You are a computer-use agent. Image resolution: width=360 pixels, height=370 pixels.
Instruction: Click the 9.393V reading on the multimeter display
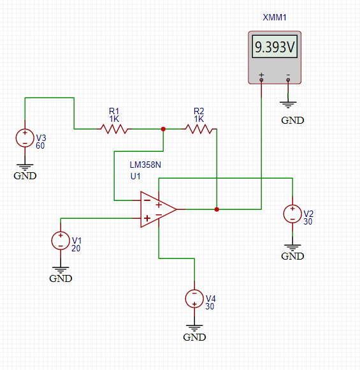[x=275, y=47]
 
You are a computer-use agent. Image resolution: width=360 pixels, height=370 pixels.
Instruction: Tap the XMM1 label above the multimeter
[x=275, y=17]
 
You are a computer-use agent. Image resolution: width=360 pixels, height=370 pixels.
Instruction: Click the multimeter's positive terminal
[x=261, y=80]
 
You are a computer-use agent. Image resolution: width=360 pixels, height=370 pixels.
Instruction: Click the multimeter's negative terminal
[x=288, y=80]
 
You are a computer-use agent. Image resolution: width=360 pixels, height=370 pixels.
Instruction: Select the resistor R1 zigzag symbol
[x=114, y=129]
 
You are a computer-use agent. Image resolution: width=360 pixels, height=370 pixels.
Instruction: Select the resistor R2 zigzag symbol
[x=199, y=129]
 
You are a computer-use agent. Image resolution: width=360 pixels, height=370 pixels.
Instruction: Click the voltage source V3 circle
[x=25, y=138]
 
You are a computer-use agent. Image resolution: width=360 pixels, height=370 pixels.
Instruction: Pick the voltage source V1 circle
[x=61, y=241]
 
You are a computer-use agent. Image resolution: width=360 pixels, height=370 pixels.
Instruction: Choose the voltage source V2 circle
[x=292, y=214]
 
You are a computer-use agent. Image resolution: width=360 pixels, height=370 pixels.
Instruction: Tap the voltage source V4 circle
[x=194, y=299]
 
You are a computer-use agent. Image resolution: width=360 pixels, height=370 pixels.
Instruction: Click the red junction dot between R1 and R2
[x=163, y=129]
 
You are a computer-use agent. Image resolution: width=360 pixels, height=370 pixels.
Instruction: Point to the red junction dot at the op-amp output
[x=217, y=209]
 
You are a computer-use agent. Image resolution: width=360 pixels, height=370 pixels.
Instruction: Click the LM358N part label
[x=145, y=165]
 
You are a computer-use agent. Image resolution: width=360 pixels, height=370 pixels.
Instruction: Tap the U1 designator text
[x=135, y=176]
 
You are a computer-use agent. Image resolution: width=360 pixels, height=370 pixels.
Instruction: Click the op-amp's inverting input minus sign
[x=147, y=200]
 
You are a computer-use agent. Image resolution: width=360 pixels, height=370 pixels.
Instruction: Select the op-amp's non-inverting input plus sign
[x=147, y=218]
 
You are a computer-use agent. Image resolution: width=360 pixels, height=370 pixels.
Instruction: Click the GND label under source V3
[x=25, y=176]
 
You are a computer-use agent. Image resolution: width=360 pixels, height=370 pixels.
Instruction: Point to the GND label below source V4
[x=194, y=337]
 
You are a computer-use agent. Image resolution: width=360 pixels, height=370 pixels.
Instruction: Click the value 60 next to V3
[x=40, y=146]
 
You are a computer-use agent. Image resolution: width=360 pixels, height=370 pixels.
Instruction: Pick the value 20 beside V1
[x=76, y=249]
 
